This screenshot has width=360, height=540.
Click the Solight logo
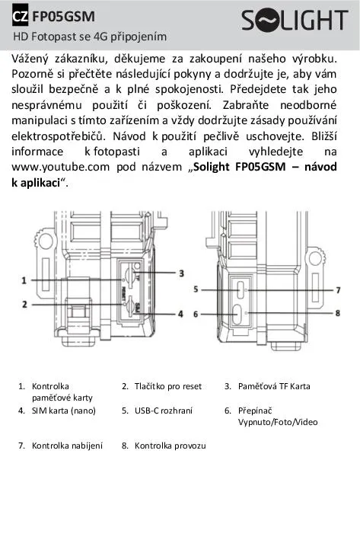click(x=295, y=20)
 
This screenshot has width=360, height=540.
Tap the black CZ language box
click(x=20, y=17)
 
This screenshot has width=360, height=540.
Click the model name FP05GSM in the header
click(x=63, y=17)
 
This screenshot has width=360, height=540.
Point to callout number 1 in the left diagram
click(x=24, y=280)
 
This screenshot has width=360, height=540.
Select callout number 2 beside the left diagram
click(x=24, y=305)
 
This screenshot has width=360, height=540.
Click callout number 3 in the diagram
click(x=181, y=273)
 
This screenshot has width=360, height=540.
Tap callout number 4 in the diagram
click(x=180, y=314)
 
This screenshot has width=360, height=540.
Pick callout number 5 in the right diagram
click(x=196, y=289)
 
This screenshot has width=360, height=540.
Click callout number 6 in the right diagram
click(x=196, y=314)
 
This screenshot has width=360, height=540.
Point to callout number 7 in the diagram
click(x=338, y=290)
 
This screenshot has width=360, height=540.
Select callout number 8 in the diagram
click(x=338, y=313)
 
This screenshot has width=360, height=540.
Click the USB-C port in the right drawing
click(x=241, y=290)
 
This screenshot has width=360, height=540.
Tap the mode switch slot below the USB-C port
click(x=237, y=315)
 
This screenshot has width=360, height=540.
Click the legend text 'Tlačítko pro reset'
click(x=168, y=386)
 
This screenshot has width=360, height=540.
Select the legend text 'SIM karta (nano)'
click(x=64, y=411)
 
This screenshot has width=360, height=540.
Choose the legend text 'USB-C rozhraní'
click(x=164, y=411)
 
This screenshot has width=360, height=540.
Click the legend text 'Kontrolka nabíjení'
click(x=67, y=446)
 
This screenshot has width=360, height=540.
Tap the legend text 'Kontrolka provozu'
click(x=170, y=446)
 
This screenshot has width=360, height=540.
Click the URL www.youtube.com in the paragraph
click(x=61, y=167)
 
